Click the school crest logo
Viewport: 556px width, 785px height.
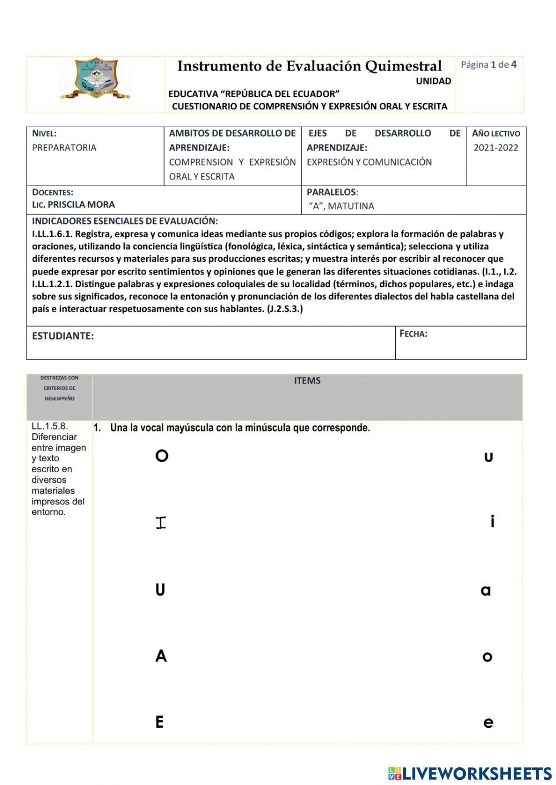coord(96,79)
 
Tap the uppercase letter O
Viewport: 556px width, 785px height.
coord(162,456)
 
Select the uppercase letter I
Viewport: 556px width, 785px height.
coord(161,523)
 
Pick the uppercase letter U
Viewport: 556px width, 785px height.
coord(160,590)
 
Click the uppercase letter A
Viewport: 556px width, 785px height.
coord(161,656)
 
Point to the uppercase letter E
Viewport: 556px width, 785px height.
coord(160,722)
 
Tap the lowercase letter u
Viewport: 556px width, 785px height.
coord(489,458)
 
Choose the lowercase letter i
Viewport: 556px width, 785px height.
coord(492,522)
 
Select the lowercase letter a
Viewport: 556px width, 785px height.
coord(486,591)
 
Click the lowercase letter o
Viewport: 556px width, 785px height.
coord(488,657)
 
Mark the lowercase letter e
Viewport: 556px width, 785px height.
coord(488,723)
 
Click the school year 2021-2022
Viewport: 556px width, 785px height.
coord(496,148)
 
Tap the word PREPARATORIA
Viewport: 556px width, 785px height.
coord(64,148)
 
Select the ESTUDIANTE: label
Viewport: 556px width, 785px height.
coord(63,336)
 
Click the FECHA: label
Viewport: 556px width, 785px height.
coord(414,334)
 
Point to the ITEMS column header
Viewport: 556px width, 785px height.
coord(307,381)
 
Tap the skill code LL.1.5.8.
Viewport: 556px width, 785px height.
coord(49,426)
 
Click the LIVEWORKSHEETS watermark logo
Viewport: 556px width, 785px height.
coord(470,773)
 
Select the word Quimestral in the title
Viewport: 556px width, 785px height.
coord(403,66)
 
